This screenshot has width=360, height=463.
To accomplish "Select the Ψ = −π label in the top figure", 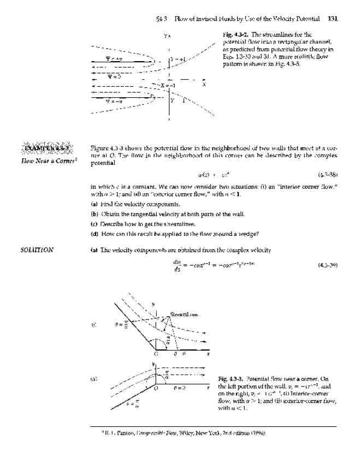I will click(114, 101).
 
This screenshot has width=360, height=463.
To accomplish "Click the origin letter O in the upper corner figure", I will click(149, 353).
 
